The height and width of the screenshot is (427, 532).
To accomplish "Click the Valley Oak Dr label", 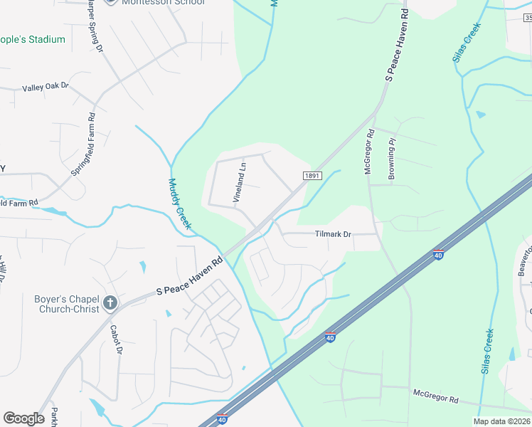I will point(46,87).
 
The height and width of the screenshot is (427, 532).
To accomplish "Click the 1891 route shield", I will point(312,176).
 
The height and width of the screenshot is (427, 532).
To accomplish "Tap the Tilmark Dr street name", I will point(334,234).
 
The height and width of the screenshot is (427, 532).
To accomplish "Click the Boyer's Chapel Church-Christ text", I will point(66,304).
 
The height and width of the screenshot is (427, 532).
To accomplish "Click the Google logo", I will point(23,418).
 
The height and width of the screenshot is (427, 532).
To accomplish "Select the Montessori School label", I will point(163,3).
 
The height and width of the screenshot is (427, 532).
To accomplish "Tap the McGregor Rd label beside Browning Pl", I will point(369,151).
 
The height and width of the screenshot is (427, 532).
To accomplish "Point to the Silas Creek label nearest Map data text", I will point(488,351).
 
